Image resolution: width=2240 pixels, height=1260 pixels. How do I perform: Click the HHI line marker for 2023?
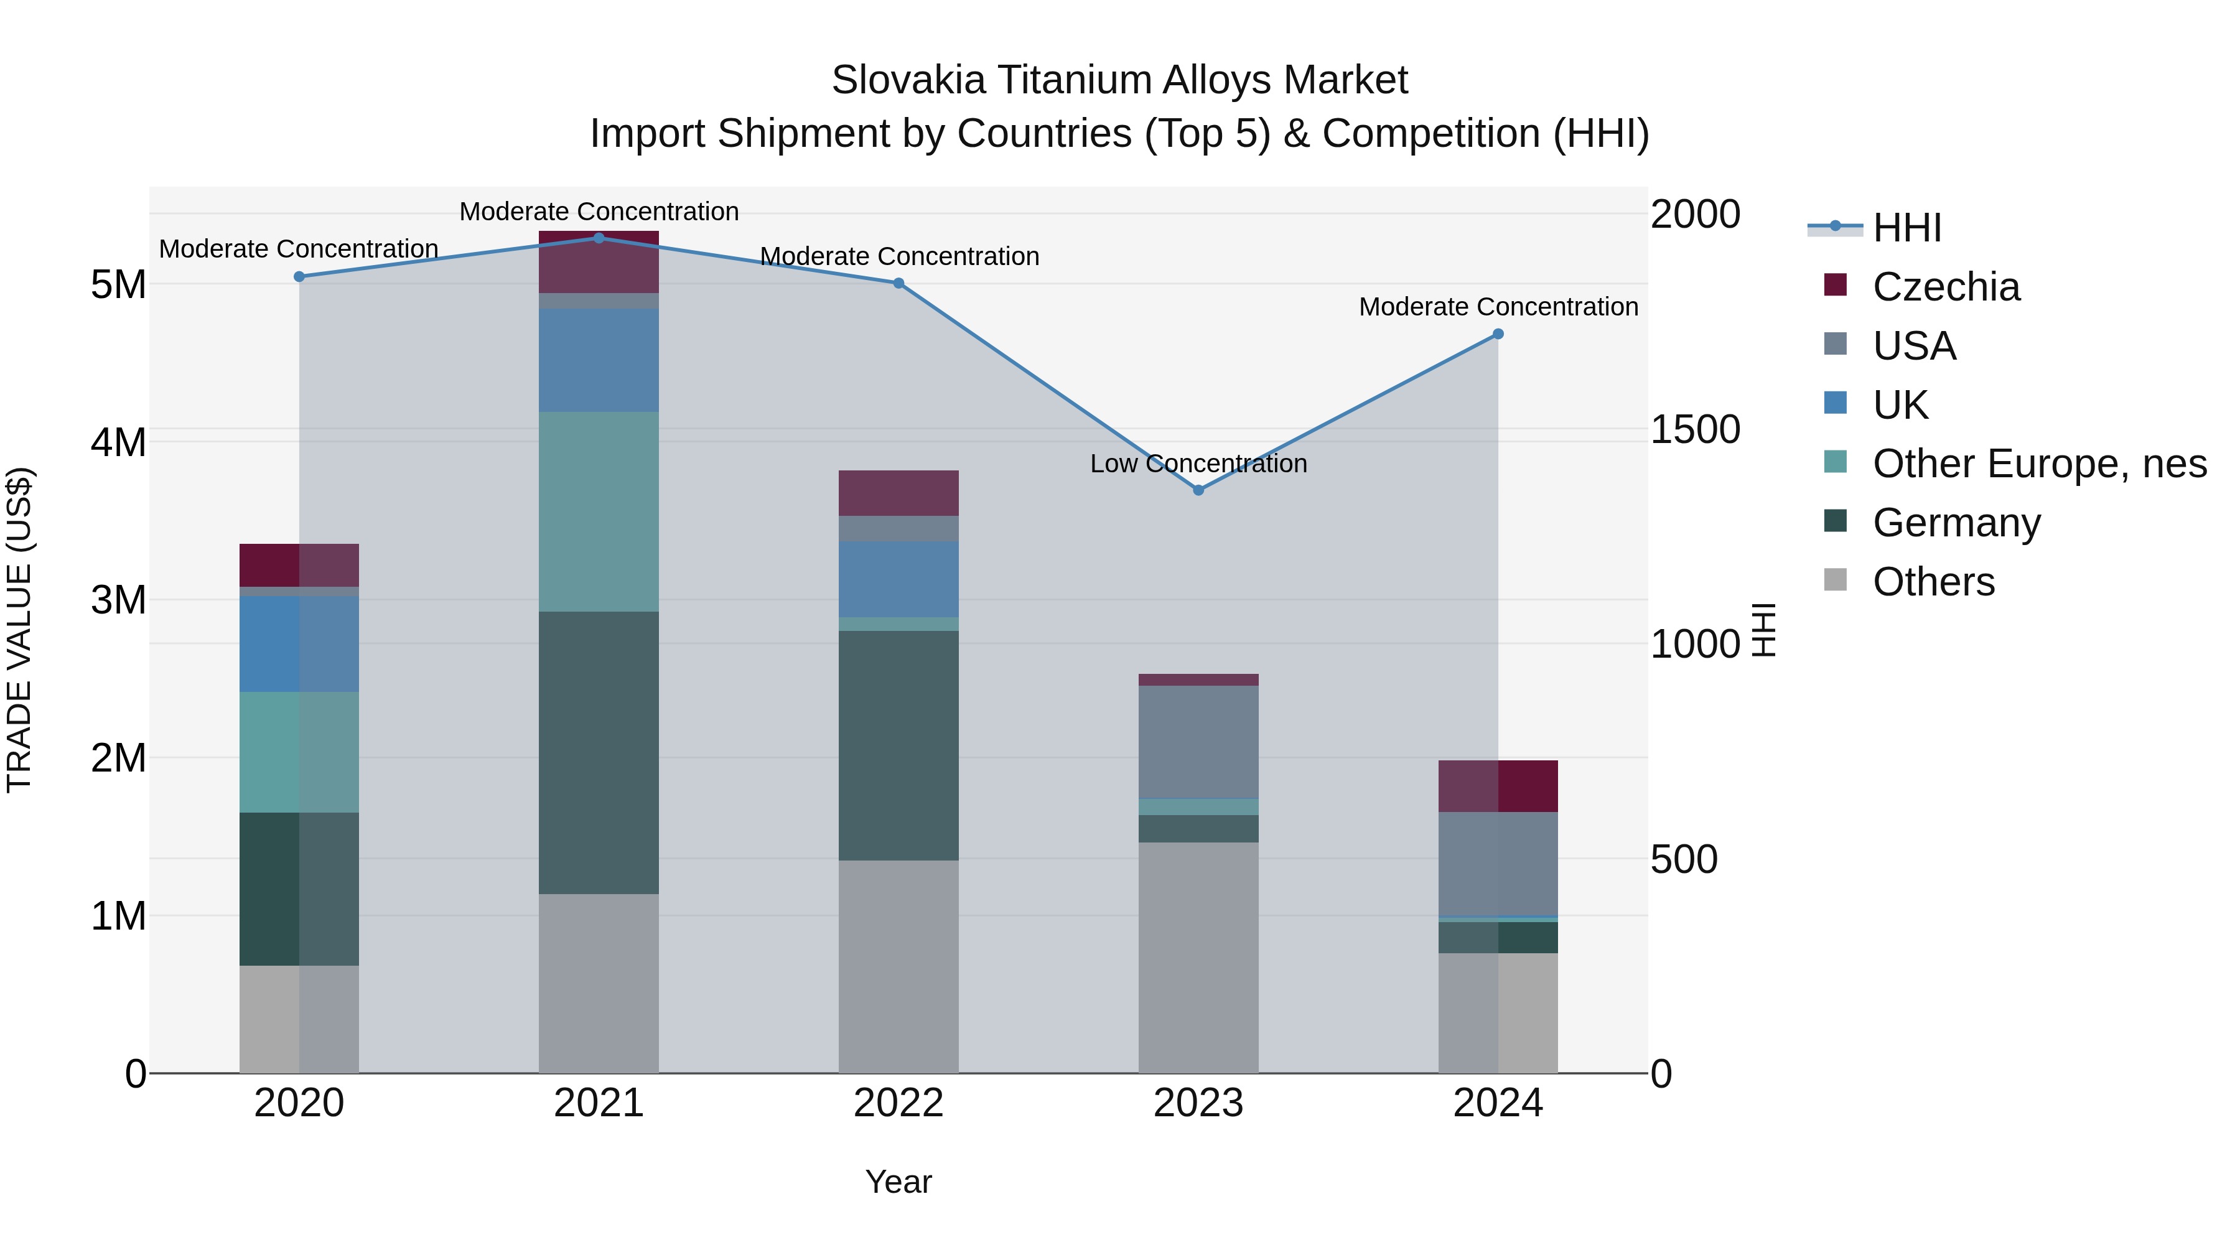tap(1198, 490)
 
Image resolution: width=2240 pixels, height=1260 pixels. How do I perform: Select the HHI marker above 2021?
tap(598, 238)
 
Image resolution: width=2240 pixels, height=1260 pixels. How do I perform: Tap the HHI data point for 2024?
tap(1498, 334)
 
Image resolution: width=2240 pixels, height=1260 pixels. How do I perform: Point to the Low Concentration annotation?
tap(1198, 464)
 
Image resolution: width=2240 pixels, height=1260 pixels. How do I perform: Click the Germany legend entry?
tap(1956, 523)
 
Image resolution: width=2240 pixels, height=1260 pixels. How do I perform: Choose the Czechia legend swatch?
tap(1835, 285)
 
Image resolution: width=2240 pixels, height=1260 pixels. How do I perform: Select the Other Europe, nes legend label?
tap(2039, 464)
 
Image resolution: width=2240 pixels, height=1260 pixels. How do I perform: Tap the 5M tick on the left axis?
tap(118, 284)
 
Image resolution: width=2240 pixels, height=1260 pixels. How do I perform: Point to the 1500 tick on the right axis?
tap(1695, 429)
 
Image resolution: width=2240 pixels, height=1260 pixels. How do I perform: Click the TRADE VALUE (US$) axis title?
tap(19, 630)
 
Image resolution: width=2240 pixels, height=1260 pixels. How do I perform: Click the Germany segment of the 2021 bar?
tap(598, 752)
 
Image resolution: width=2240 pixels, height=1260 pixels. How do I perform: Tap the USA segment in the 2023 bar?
tap(1198, 742)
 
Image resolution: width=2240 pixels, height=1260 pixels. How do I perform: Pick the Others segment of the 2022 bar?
tap(898, 966)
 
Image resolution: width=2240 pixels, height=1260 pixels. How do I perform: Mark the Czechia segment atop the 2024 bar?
tap(1498, 786)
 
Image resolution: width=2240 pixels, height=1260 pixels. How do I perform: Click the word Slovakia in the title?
tap(908, 81)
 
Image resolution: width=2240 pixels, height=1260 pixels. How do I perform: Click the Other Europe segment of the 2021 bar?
tap(598, 511)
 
